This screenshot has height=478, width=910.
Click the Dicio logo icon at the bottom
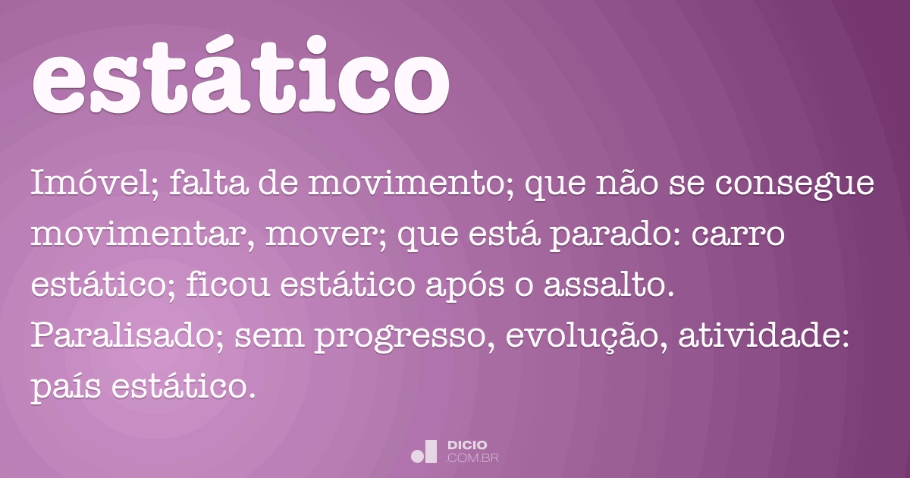click(x=424, y=451)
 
